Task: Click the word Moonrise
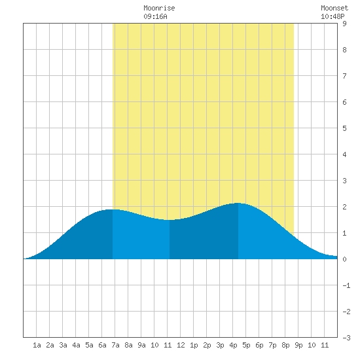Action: (x=159, y=8)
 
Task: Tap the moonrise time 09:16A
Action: (x=155, y=16)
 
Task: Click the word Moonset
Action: (x=334, y=8)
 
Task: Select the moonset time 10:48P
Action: (x=333, y=16)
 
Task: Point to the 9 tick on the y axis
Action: (x=344, y=24)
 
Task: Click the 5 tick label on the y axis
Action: (x=344, y=128)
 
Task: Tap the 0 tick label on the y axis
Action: (x=344, y=259)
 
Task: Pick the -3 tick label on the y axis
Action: (x=346, y=338)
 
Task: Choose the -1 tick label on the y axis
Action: (x=346, y=285)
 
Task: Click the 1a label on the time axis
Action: (x=37, y=345)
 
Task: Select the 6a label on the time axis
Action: (x=102, y=345)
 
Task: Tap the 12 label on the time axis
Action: (x=181, y=345)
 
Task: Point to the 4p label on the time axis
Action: (x=233, y=345)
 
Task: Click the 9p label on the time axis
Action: (x=298, y=345)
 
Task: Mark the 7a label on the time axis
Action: (x=115, y=345)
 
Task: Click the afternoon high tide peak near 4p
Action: (x=238, y=203)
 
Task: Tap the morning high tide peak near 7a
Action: (x=113, y=209)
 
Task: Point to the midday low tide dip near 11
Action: (x=170, y=220)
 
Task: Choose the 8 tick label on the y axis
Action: (x=344, y=50)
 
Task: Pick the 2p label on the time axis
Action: (x=207, y=345)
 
